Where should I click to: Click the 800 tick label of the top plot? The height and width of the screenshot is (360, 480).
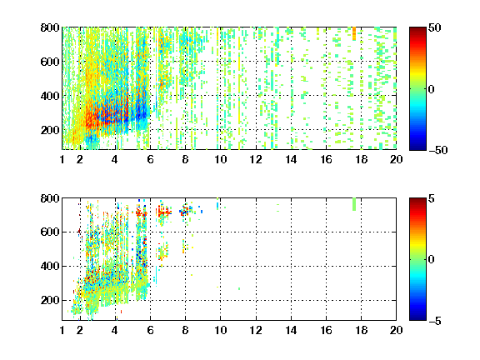(x=50, y=27)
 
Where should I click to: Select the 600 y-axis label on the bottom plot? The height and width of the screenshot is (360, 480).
(x=50, y=232)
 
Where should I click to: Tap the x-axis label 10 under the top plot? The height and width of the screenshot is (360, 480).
(x=220, y=159)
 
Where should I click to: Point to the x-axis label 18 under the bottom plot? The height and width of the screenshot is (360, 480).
(x=361, y=330)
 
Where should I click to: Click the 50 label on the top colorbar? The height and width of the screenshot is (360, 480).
(x=434, y=27)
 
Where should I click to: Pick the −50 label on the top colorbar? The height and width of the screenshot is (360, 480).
(x=438, y=150)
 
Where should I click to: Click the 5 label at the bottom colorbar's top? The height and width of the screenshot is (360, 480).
(x=432, y=198)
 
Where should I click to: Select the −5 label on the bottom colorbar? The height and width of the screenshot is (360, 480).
(x=435, y=321)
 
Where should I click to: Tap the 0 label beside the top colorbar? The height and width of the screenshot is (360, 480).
(x=432, y=89)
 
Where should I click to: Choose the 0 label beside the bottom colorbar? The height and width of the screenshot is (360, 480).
(x=432, y=260)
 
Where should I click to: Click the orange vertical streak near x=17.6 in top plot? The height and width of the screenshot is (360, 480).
(x=354, y=33)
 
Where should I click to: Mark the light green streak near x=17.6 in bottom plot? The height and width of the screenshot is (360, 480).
(x=354, y=204)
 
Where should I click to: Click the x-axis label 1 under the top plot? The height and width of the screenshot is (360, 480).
(x=62, y=159)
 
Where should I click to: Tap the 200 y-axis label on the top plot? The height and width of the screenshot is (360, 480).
(x=50, y=130)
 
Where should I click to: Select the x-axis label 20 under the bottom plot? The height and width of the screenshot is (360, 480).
(x=396, y=330)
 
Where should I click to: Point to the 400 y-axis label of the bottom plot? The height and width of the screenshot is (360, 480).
(x=50, y=266)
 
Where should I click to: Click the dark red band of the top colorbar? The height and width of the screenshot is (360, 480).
(x=417, y=32)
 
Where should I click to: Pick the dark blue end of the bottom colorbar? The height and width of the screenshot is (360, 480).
(x=417, y=316)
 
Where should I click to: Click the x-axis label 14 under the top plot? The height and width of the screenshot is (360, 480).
(x=291, y=159)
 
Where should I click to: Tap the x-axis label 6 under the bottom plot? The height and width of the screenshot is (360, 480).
(x=150, y=330)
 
